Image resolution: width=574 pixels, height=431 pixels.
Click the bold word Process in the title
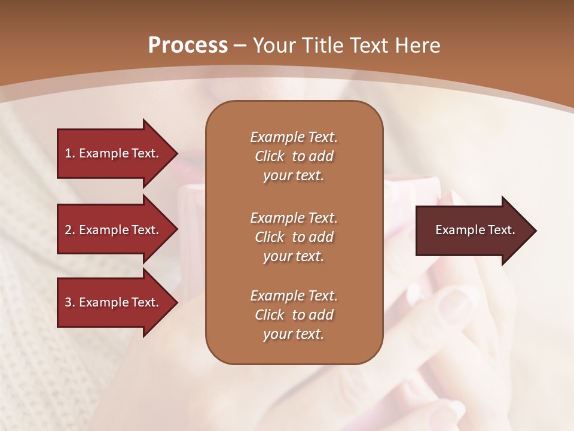pos(188,45)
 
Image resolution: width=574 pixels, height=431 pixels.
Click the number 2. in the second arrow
pos(69,230)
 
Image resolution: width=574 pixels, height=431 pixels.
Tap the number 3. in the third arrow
pos(69,302)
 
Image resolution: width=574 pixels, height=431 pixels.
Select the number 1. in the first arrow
pos(69,153)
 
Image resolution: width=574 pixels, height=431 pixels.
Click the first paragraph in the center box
pos(294,156)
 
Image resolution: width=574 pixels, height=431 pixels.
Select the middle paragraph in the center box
pos(294,237)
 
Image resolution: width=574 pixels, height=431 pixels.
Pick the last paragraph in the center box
pos(294,315)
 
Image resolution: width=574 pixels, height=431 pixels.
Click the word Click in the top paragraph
pos(269,156)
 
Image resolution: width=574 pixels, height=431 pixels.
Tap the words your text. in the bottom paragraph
pos(294,334)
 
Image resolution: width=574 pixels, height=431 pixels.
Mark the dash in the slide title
pos(240,45)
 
